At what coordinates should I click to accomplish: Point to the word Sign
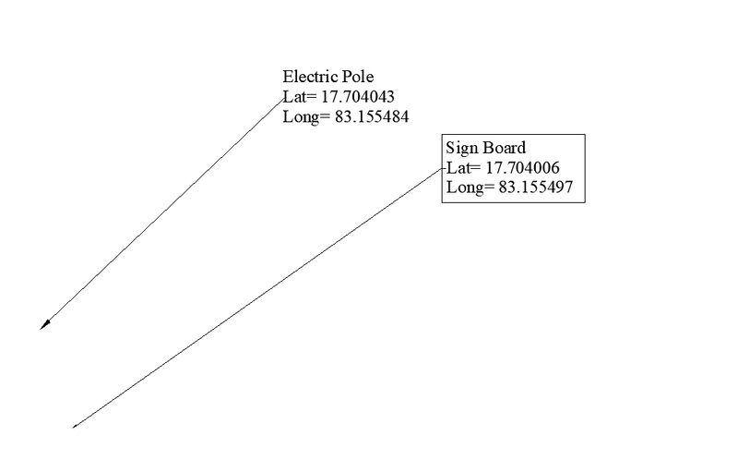point(461,147)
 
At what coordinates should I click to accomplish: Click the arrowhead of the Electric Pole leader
point(42,325)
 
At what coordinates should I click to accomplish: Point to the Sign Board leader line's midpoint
point(258,298)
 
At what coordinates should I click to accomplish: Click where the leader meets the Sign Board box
point(443,169)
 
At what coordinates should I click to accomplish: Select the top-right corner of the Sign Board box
point(584,134)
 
